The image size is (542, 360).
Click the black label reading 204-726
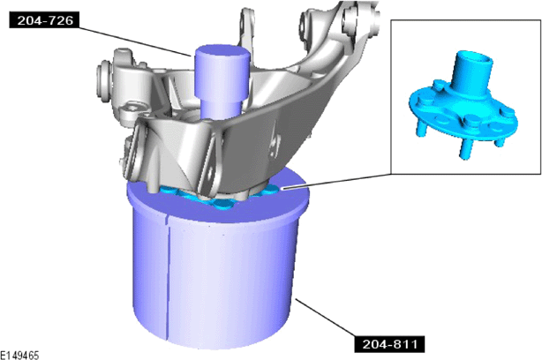pos(44,20)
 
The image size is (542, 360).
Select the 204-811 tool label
pos(389,343)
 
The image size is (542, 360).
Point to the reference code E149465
pos(19,356)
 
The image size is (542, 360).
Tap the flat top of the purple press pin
pos(222,52)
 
